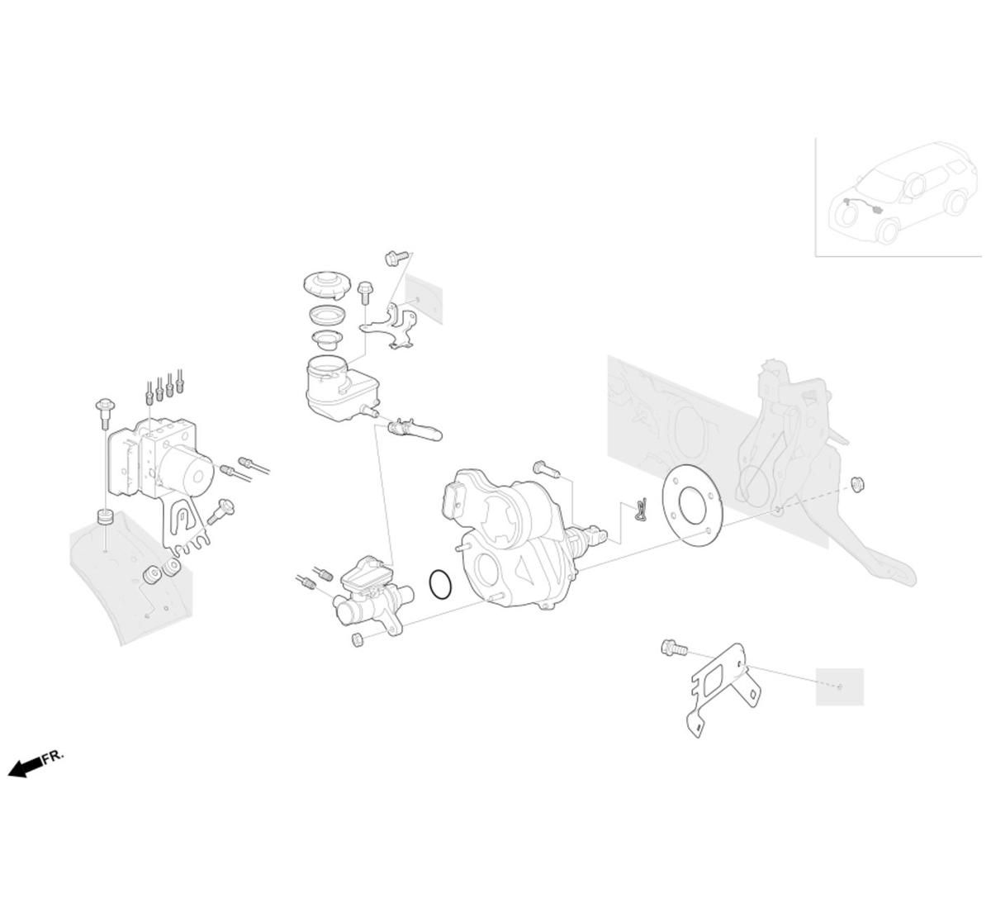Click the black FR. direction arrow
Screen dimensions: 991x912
click(x=24, y=767)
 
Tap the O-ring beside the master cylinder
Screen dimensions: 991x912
click(x=440, y=585)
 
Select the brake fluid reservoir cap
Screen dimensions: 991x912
click(x=326, y=285)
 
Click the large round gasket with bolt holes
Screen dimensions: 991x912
click(x=692, y=506)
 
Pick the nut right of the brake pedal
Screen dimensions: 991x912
click(x=858, y=484)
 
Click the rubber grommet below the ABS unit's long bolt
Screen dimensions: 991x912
click(x=105, y=517)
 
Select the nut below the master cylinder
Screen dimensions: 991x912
click(x=358, y=639)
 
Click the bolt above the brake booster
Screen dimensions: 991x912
click(x=547, y=469)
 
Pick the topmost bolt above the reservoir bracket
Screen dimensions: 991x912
click(x=396, y=258)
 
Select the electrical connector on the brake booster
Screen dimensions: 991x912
click(x=454, y=501)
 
